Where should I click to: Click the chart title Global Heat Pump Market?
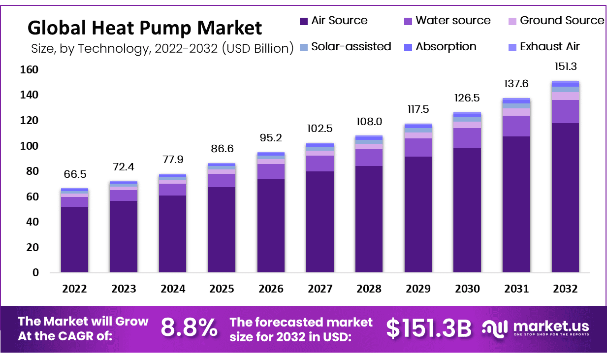[x=145, y=28]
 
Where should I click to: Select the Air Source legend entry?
[x=334, y=21]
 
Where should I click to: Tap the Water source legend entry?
[x=447, y=21]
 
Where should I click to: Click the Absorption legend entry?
[x=440, y=47]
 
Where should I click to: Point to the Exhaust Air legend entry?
[x=544, y=47]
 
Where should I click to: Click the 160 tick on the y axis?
[x=29, y=70]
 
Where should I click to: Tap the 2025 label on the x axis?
[x=222, y=289]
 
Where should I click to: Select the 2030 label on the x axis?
[x=467, y=289]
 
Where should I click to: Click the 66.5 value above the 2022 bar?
[x=75, y=175]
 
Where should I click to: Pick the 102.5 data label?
[x=319, y=129]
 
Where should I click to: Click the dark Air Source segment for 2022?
[x=75, y=239]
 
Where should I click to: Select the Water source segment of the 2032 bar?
[x=565, y=111]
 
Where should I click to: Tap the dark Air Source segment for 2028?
[x=369, y=219]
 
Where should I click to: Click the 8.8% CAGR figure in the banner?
[x=189, y=328]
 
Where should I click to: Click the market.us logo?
[x=536, y=328]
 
